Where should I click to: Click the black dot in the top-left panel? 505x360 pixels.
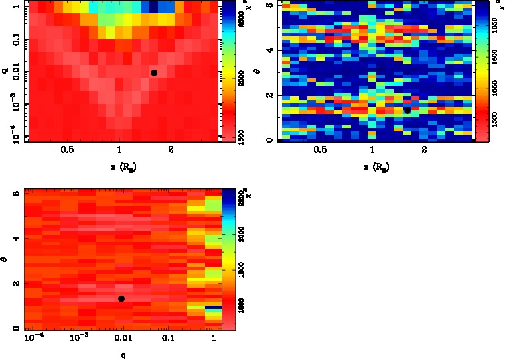tap(154, 72)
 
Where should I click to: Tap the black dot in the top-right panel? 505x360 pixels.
tap(407, 110)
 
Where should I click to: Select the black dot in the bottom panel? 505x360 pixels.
tap(121, 298)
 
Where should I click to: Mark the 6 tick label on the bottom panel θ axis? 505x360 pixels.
tap(15, 194)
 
